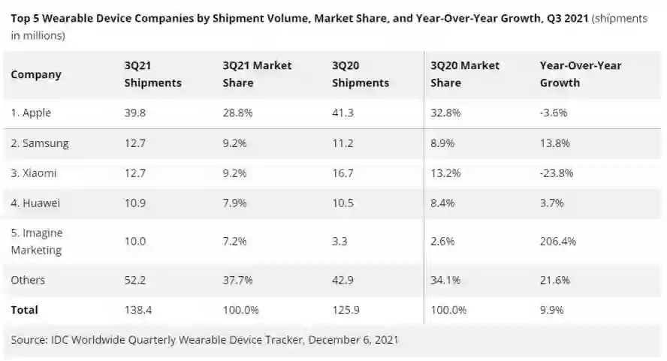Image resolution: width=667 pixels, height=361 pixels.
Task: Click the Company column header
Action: (36, 74)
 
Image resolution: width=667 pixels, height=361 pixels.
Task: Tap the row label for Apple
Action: (31, 113)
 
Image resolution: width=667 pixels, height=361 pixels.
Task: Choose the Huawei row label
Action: (36, 203)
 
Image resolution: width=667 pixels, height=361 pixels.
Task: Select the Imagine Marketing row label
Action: (38, 241)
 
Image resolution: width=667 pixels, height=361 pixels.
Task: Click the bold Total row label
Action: (24, 309)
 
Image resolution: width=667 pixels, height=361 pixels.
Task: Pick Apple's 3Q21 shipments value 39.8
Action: (135, 113)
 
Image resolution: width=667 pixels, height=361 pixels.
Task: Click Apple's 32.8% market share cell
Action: (445, 113)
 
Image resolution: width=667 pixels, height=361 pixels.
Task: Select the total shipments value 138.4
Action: (138, 309)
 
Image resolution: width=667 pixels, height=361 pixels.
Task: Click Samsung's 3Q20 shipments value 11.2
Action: (343, 143)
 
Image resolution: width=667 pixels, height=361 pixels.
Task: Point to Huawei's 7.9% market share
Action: (236, 203)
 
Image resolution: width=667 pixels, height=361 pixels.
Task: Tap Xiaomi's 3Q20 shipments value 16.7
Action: (343, 173)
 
